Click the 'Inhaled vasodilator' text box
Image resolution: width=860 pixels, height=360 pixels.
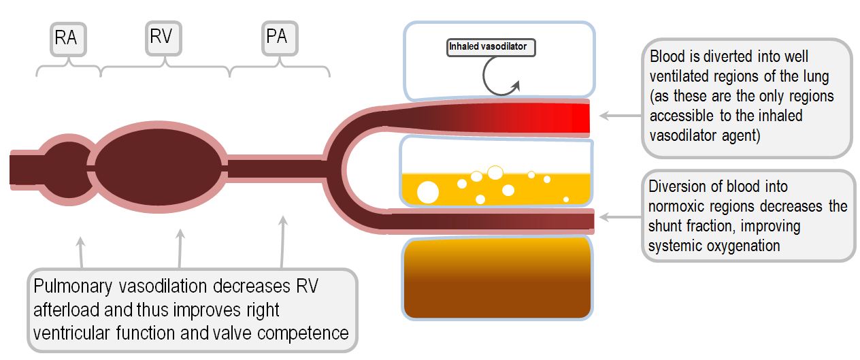tap(491, 47)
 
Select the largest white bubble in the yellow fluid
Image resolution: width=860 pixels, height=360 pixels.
tap(428, 192)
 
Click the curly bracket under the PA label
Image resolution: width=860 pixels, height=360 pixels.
tap(280, 69)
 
